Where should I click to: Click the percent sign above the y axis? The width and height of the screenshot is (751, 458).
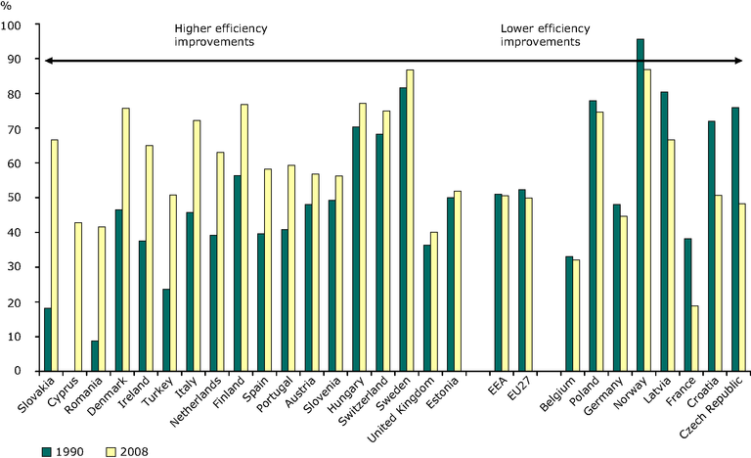(7, 6)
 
